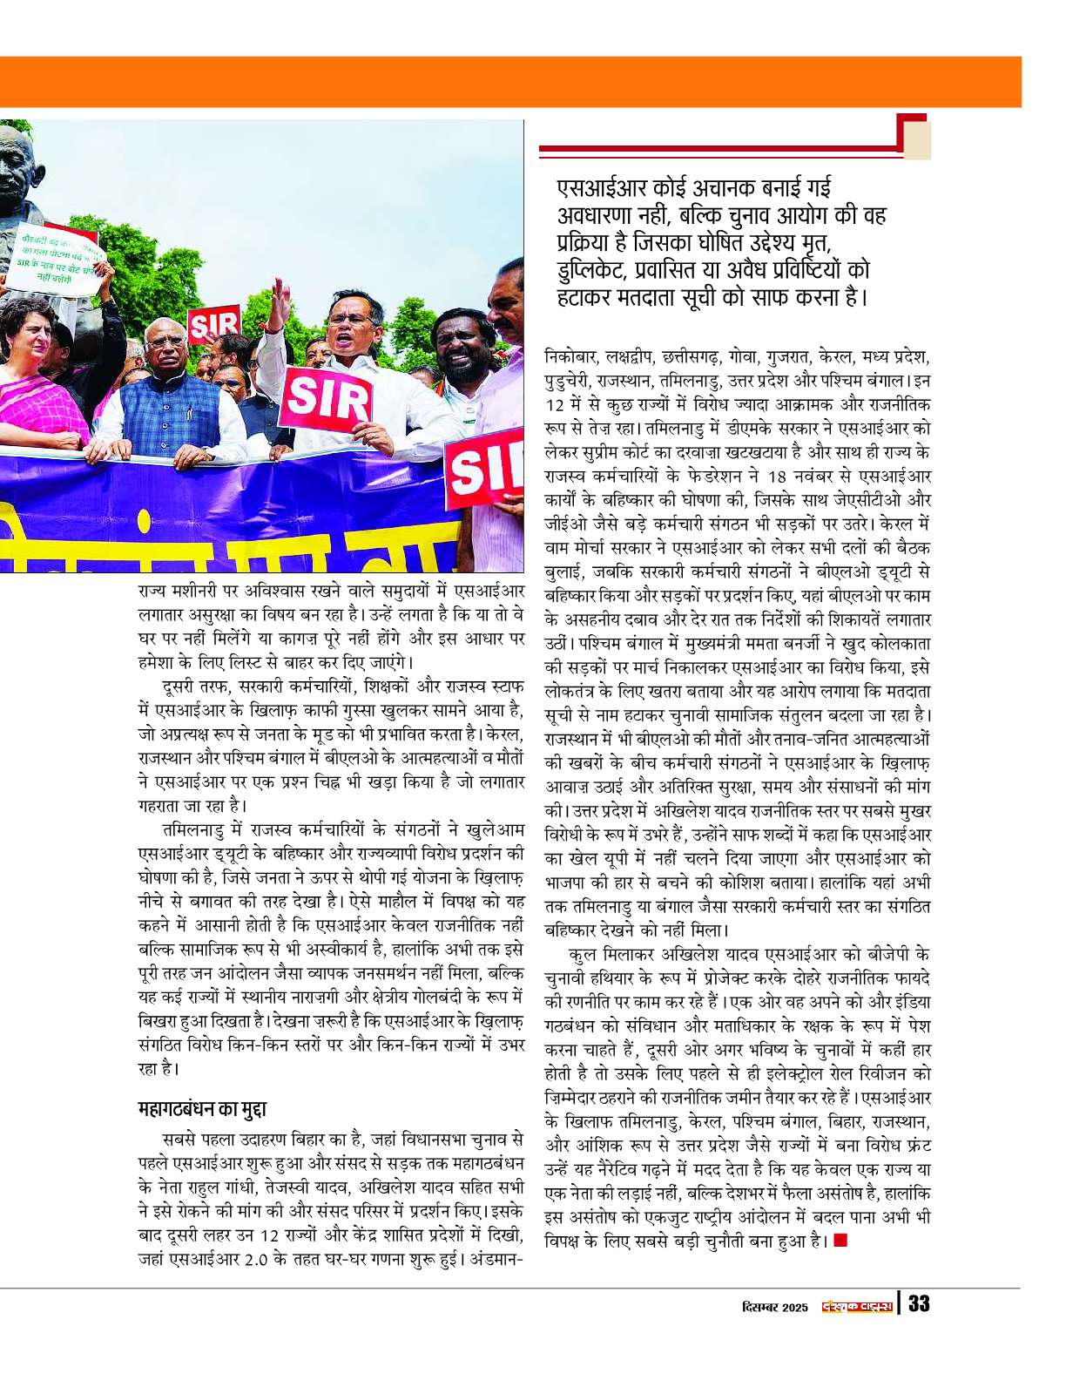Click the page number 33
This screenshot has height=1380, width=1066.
point(919,1303)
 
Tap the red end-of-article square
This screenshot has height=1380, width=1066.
point(840,1239)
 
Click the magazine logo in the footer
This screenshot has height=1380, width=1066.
point(858,1306)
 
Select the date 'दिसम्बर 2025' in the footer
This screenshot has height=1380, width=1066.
point(775,1307)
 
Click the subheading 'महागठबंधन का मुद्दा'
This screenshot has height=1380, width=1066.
point(202,1109)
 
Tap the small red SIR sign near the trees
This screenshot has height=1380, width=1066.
point(213,325)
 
